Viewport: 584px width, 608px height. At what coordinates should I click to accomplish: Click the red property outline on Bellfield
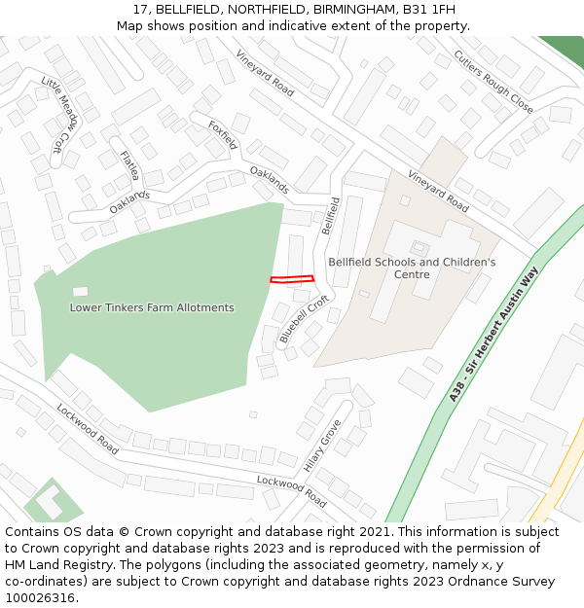pyautogui.click(x=292, y=278)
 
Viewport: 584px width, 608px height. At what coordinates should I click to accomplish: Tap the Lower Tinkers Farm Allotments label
pyautogui.click(x=152, y=307)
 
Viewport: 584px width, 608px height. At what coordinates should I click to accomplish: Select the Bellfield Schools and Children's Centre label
pyautogui.click(x=412, y=268)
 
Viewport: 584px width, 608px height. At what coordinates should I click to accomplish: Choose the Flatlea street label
pyautogui.click(x=129, y=165)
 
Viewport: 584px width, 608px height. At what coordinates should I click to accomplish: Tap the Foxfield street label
pyautogui.click(x=223, y=134)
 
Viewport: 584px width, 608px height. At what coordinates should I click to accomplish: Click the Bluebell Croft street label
pyautogui.click(x=304, y=320)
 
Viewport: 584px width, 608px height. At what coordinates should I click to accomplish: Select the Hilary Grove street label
pyautogui.click(x=322, y=447)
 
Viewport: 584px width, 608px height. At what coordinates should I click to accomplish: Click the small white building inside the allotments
pyautogui.click(x=80, y=291)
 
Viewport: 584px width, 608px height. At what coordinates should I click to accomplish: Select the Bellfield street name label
pyautogui.click(x=330, y=215)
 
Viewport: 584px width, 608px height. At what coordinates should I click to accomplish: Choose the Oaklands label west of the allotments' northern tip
pyautogui.click(x=129, y=201)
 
